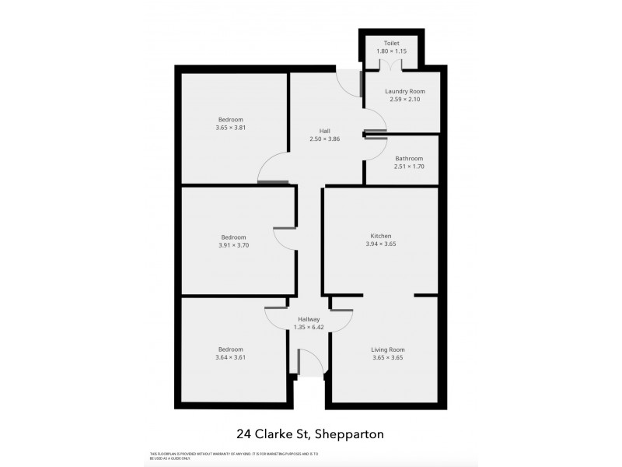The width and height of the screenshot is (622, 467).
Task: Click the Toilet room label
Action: coord(390,43)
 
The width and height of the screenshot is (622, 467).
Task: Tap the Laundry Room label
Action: coord(404,90)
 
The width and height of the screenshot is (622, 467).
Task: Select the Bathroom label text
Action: coord(408,158)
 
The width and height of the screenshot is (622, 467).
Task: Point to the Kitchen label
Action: coord(381,236)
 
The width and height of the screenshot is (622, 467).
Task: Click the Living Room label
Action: coord(387,349)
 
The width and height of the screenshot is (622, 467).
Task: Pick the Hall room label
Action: coord(326,131)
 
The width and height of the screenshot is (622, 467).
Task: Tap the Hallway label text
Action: coord(309,318)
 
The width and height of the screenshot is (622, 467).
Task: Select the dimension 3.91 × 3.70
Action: coord(233,245)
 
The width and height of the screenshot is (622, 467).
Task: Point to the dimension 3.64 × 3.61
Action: coord(231,358)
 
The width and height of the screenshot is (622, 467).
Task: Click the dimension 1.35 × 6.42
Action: coord(309,327)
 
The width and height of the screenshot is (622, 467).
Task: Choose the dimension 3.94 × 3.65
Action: coord(381,244)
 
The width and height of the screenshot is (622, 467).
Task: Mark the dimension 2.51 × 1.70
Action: coord(408,167)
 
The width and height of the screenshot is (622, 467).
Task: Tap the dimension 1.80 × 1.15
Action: coord(390,51)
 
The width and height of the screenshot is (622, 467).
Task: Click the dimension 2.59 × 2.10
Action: coord(404,99)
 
